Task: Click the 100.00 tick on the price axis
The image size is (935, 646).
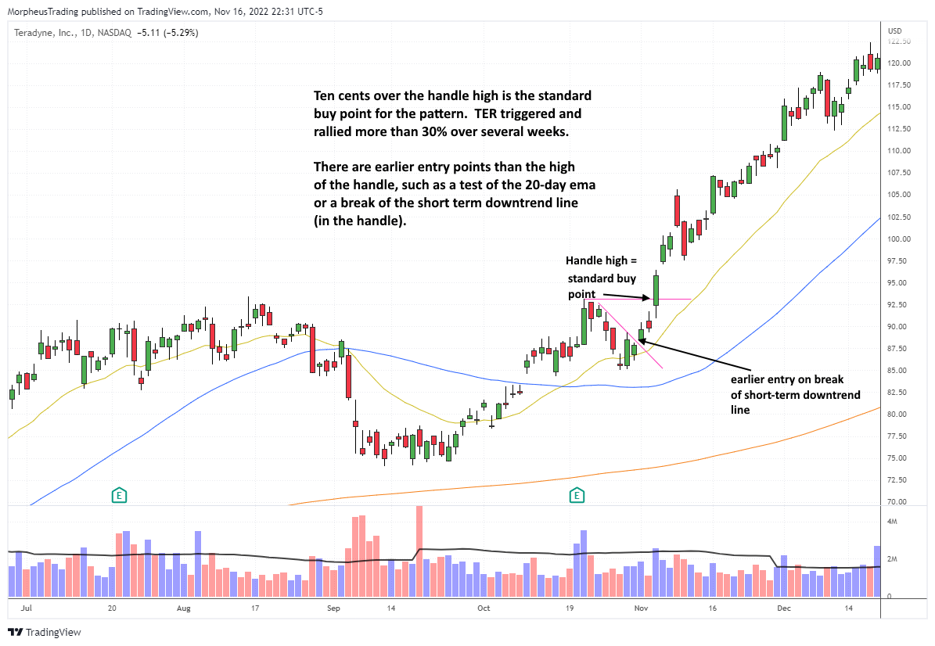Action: point(897,239)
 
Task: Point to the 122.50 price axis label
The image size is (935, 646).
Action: point(897,41)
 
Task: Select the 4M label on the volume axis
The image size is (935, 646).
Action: point(893,520)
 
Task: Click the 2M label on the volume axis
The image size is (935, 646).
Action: point(893,560)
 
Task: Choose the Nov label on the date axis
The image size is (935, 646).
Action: point(641,607)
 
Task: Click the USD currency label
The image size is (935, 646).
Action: point(895,31)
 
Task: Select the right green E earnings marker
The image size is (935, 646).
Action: point(577,494)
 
